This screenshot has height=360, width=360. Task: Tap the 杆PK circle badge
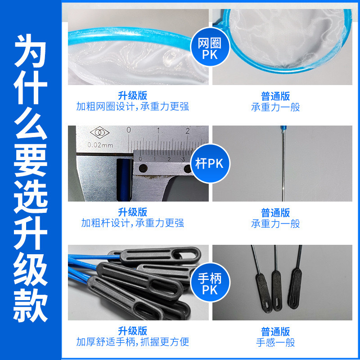[x=210, y=162]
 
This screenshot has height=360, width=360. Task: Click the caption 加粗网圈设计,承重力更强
[x=132, y=107]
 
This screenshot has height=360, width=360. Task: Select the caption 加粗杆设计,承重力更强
[x=132, y=223]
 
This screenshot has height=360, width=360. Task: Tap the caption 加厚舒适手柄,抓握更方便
[x=132, y=342]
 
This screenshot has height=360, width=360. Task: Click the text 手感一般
[x=275, y=342]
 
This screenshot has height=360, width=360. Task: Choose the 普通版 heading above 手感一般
[x=275, y=331]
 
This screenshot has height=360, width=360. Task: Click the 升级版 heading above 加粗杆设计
[x=132, y=211]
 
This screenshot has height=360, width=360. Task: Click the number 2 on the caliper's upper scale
[x=187, y=131]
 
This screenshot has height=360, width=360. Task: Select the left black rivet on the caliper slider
[x=143, y=168]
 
